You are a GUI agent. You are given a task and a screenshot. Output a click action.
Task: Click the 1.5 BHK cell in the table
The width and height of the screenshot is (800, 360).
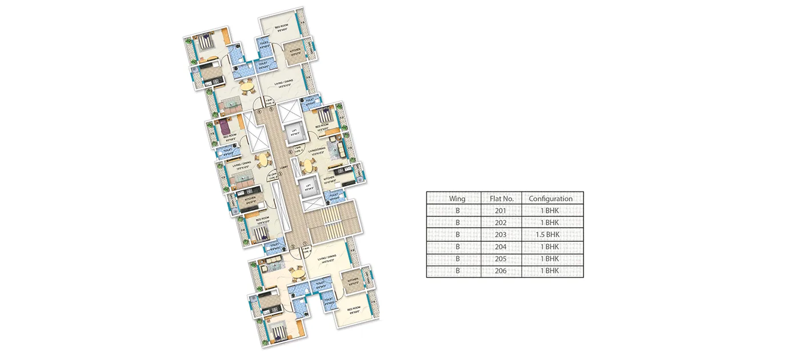551,234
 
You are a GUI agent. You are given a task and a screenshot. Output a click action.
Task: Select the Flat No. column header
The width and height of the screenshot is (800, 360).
502,199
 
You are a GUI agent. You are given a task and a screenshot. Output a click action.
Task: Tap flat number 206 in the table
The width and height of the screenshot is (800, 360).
502,271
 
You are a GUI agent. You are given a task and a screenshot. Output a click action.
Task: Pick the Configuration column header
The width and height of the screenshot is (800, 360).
551,199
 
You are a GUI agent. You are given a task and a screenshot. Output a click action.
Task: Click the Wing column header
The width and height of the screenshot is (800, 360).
457,199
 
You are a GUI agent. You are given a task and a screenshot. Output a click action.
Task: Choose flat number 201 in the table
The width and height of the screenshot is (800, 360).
502,210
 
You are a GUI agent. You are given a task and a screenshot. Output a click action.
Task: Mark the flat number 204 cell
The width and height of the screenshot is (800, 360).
502,247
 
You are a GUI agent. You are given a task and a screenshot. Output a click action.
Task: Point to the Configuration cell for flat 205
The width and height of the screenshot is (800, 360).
551,259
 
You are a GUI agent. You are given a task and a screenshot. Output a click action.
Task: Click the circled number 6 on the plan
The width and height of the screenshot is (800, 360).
290,152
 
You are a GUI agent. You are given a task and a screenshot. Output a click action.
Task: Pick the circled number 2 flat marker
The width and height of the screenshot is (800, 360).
293,247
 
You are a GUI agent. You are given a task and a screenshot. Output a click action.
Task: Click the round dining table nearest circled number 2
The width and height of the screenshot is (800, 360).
295,274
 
